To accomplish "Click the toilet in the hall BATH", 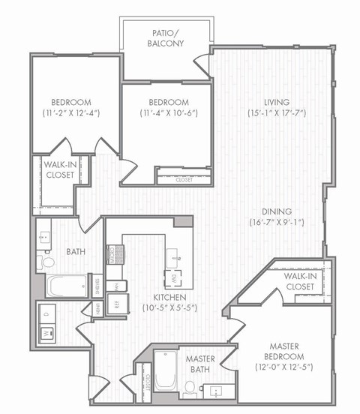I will point(47,262).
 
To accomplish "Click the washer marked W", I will point(46,331).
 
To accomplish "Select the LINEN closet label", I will point(97,307).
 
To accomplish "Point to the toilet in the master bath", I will point(190,388).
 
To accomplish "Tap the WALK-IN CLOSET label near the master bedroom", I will point(298,281).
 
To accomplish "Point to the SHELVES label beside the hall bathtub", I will point(97,286).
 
